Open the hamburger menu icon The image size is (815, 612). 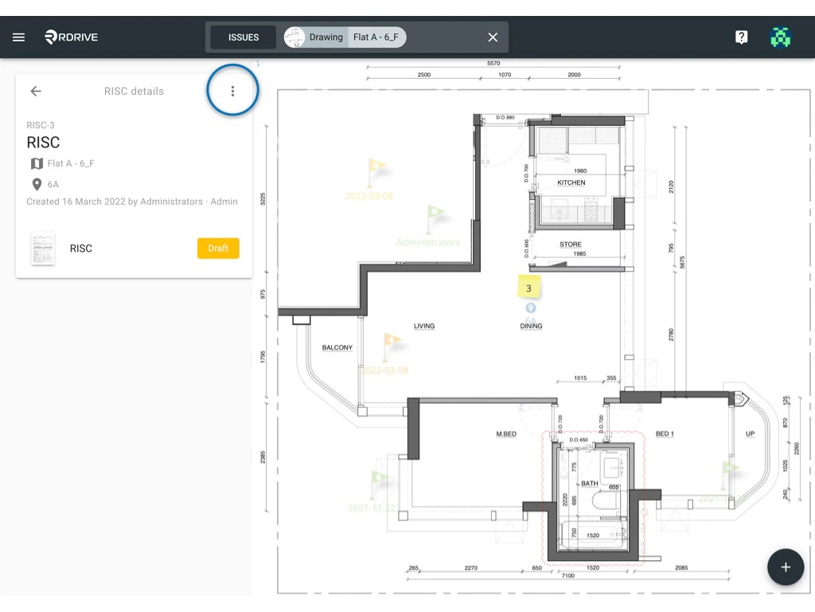(19, 37)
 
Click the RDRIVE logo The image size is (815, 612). (72, 37)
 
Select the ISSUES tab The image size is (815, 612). (244, 37)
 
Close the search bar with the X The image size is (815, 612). (493, 37)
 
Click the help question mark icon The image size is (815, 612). (741, 37)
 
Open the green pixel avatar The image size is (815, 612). (781, 37)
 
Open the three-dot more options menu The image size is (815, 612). (232, 92)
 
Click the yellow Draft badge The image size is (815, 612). (218, 249)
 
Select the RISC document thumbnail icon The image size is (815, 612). (43, 249)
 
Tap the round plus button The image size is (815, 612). (786, 567)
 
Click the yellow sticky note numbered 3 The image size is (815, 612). (528, 287)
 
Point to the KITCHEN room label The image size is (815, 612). (571, 182)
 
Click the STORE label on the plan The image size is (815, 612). (570, 245)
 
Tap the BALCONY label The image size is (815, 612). (337, 348)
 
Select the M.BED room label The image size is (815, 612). (506, 434)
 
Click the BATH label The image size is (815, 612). (590, 484)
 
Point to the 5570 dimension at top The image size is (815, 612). (493, 64)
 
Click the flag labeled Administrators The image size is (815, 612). (435, 214)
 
